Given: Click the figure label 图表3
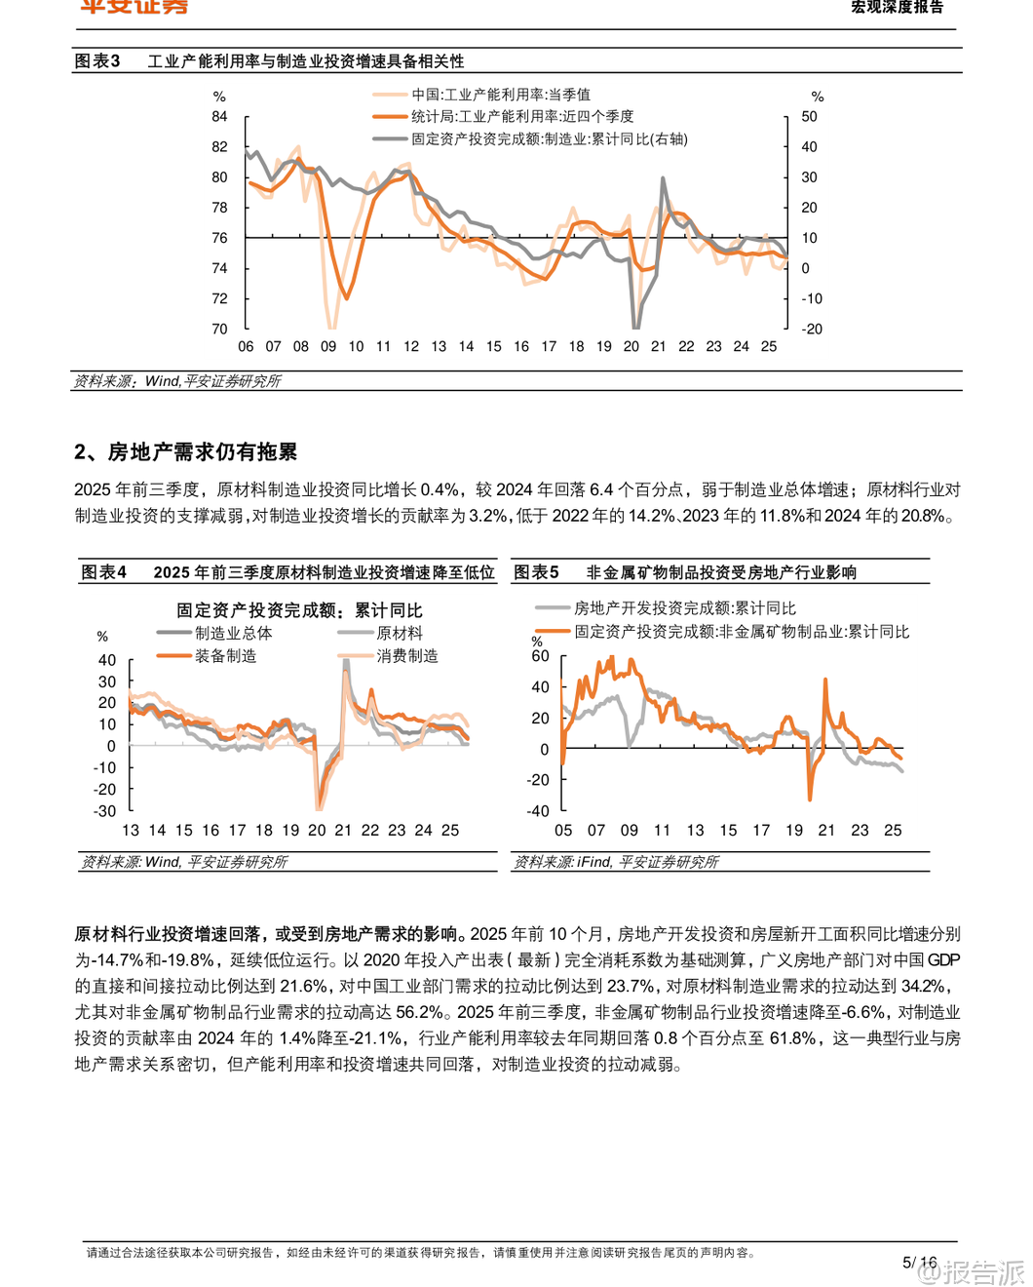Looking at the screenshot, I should point(97,61).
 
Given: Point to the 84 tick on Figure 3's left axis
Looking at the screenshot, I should point(219,116).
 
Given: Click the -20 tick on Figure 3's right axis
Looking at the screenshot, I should point(812,329).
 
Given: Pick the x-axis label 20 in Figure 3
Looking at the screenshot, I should point(631,346).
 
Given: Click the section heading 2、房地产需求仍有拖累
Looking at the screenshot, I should point(185,451).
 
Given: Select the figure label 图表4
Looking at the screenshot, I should point(103,572).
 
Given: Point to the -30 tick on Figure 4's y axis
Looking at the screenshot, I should point(105,811).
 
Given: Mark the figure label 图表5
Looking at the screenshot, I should point(536,572).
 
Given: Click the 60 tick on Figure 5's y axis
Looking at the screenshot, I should point(540,656).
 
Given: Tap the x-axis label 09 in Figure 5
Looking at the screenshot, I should point(630,831).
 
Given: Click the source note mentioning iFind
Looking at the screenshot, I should point(616,862).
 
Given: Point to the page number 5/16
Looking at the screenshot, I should point(919,1263).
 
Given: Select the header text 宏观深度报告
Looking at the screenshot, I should point(897,8).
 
